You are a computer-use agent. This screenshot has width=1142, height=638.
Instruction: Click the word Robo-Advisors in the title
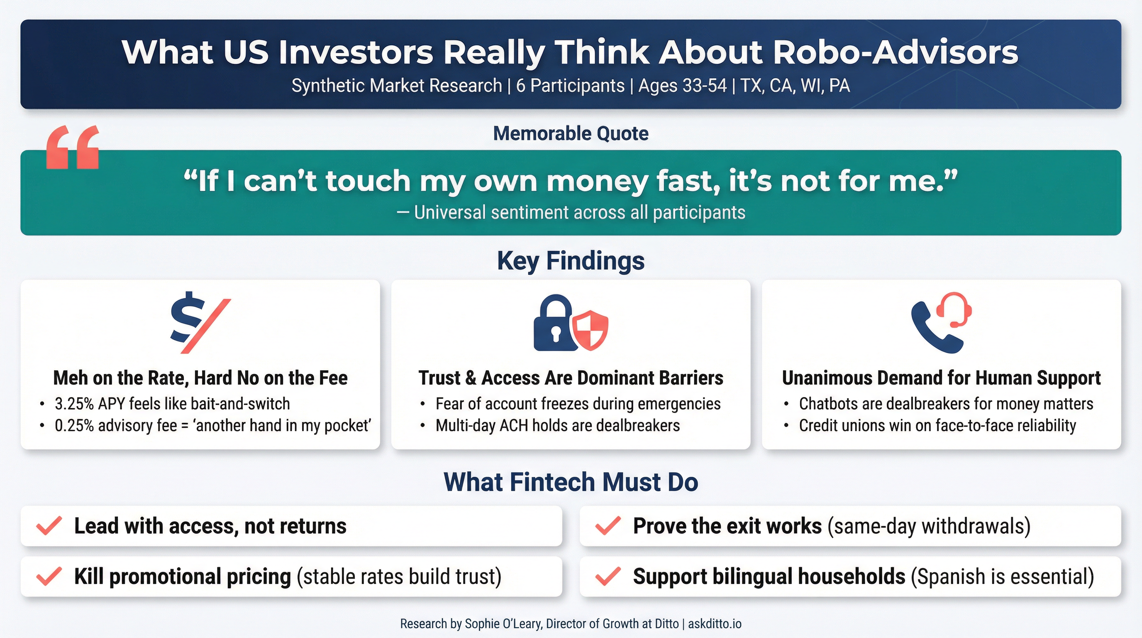[x=896, y=52]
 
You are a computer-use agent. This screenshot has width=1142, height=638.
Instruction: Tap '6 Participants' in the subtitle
[x=570, y=86]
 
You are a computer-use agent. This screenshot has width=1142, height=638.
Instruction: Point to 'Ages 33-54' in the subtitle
[x=682, y=86]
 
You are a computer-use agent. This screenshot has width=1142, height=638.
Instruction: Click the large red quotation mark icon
[x=73, y=147]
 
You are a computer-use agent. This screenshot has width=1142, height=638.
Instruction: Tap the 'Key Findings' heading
[x=571, y=261]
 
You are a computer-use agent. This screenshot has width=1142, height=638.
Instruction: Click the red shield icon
[x=591, y=330]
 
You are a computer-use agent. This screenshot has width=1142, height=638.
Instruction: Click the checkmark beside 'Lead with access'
[x=49, y=526]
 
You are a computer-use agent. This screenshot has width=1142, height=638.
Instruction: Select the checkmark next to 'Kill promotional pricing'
[x=49, y=577]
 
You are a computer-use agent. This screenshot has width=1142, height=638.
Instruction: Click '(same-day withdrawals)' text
[x=929, y=526]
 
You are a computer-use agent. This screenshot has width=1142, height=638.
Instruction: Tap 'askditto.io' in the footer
[x=715, y=624]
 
